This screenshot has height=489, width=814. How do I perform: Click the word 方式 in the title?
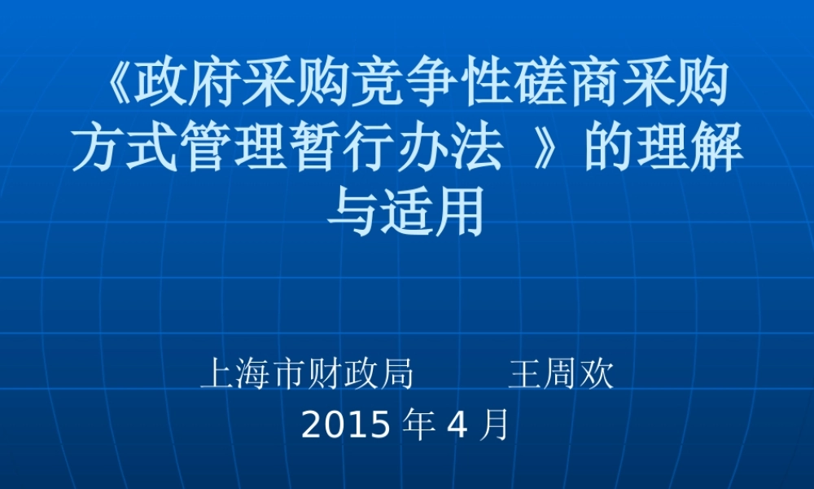click(x=125, y=149)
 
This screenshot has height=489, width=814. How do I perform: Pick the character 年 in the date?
click(x=420, y=425)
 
